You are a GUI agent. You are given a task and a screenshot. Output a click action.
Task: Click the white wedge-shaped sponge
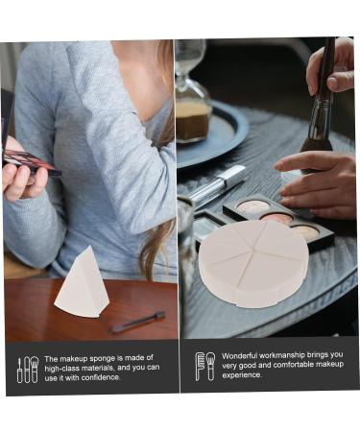pyautogui.click(x=84, y=284)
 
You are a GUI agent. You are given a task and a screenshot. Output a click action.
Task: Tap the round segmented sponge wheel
pyautogui.click(x=253, y=261)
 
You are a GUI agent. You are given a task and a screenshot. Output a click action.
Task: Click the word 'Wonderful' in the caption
pyautogui.click(x=241, y=355)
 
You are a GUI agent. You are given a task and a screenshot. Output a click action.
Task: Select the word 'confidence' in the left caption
pyautogui.click(x=124, y=377)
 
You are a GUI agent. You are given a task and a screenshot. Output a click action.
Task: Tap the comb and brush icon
pyautogui.click(x=204, y=366)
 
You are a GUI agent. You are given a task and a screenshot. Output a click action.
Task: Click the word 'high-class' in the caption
pyautogui.click(x=65, y=368)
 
